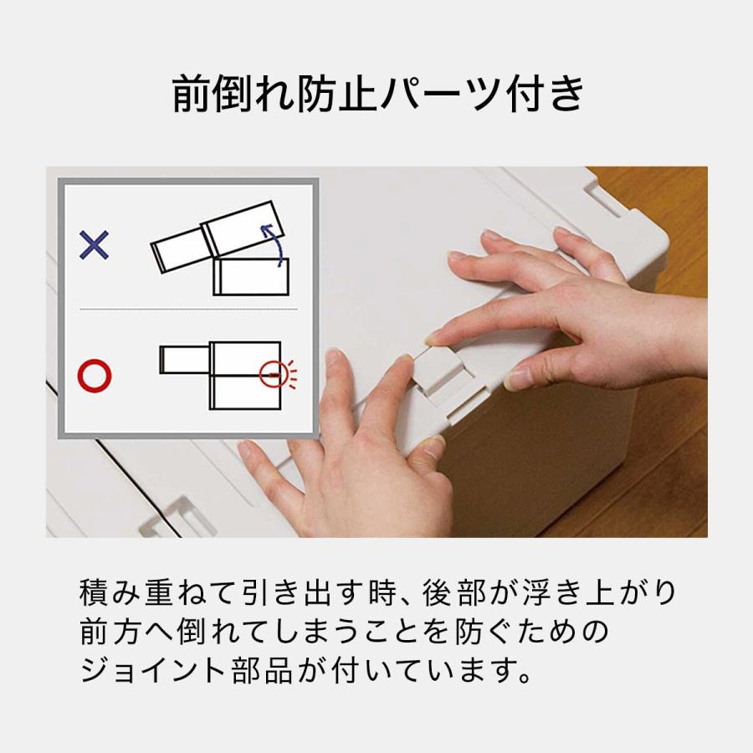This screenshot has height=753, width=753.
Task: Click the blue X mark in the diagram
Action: point(94,244)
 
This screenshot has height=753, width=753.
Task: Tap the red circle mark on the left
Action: point(94,376)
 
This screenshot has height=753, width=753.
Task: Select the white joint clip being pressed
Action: point(438,372)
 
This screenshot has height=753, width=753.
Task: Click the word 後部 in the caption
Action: point(449,593)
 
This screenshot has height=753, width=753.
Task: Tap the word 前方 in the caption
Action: point(115,632)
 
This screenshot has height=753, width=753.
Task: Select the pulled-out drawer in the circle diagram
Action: point(183,359)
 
